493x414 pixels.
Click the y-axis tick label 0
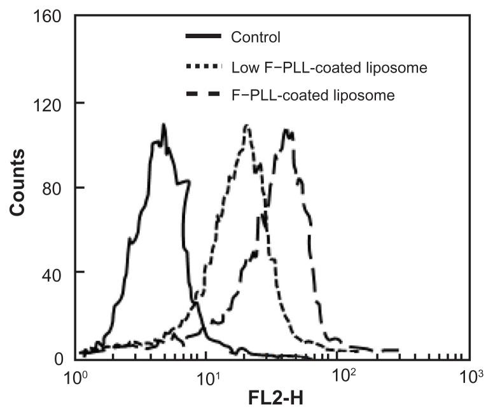[57, 359]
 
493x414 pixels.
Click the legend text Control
[256, 38]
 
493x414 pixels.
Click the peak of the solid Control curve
[163, 125]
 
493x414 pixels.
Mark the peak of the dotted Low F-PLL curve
[246, 125]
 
